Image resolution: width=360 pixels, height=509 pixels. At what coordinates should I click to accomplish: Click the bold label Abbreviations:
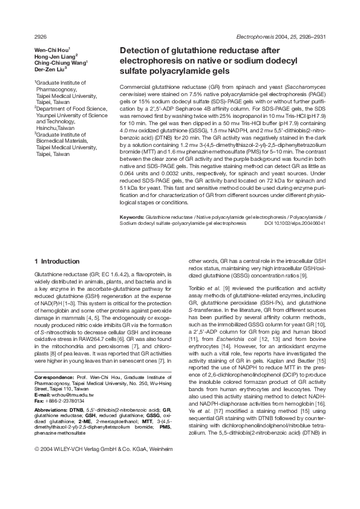tap(50, 410)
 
